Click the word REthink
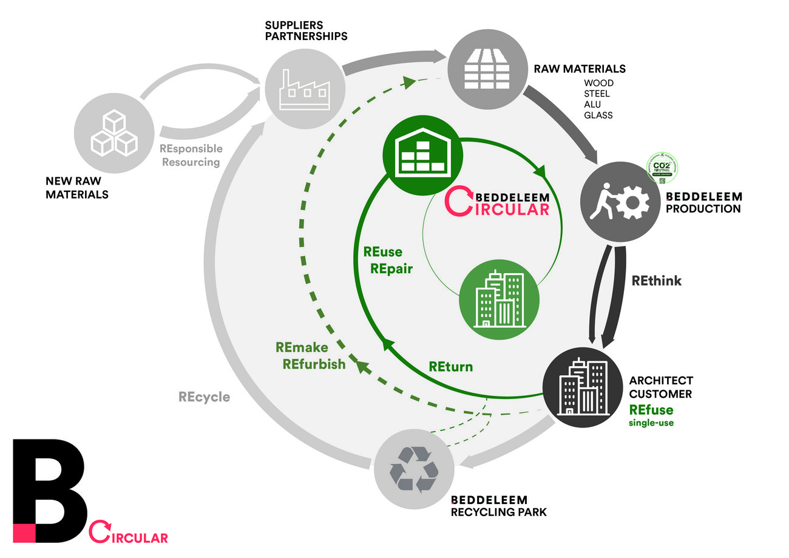[657, 281]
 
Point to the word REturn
[450, 367]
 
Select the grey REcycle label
[204, 397]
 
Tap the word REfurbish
[314, 364]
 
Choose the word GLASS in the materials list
[598, 115]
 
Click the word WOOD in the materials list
[598, 83]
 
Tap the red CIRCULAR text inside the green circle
[504, 209]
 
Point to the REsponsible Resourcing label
[191, 155]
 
